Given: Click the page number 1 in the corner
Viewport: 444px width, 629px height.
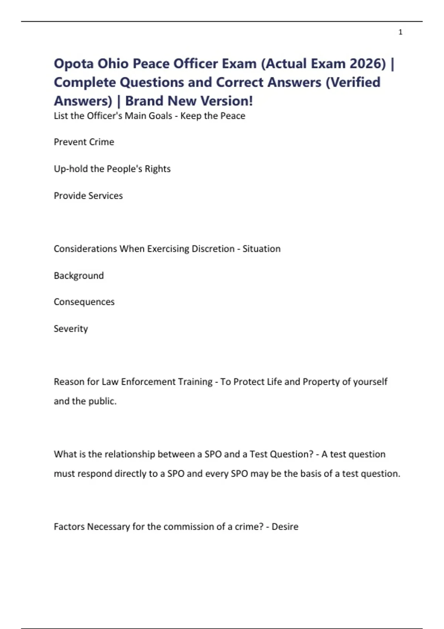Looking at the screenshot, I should (x=400, y=32).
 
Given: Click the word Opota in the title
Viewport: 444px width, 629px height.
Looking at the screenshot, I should (x=73, y=64).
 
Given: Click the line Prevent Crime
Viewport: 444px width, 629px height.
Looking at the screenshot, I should (x=84, y=142).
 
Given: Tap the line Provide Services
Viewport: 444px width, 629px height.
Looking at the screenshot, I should (x=88, y=196).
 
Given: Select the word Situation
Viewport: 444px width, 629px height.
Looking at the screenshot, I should (x=262, y=249).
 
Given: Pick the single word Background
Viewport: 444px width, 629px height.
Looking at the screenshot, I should (x=79, y=276).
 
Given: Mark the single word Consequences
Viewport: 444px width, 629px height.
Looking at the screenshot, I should (x=84, y=302).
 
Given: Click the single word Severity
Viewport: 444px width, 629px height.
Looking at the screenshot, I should (x=71, y=329).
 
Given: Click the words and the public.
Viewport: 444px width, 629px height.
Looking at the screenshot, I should (x=85, y=401).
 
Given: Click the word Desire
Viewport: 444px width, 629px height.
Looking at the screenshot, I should (x=285, y=527).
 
